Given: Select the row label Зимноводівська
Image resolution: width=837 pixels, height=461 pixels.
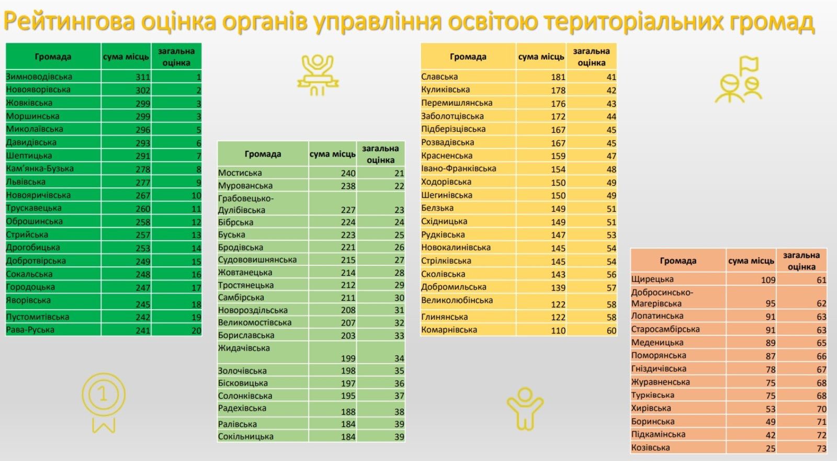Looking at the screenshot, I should [x=39, y=76].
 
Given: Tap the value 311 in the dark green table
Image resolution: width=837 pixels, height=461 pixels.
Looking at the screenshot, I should [x=143, y=77].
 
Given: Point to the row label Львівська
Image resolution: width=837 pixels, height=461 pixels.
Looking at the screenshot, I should [x=26, y=182].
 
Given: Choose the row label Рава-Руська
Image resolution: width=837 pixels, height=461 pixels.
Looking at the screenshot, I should [x=30, y=330].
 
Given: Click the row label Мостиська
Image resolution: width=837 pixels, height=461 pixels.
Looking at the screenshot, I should [x=240, y=173].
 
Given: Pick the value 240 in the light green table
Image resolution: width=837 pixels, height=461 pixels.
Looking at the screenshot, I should [x=348, y=173].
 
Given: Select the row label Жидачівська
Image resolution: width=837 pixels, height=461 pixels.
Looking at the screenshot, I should [x=244, y=348].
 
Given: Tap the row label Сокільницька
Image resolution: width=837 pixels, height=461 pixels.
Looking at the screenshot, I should [x=246, y=436].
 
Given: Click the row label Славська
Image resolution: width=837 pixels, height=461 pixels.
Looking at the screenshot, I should [x=439, y=76].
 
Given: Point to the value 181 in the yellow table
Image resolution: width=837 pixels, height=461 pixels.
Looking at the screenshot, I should [x=558, y=77].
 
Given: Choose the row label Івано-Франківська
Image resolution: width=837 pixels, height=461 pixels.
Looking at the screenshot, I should [x=459, y=168].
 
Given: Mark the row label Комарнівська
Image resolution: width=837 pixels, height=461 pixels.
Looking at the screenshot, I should [x=449, y=330].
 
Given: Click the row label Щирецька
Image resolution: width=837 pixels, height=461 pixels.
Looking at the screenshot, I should [x=652, y=279].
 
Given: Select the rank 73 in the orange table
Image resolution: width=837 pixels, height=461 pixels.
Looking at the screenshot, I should [x=821, y=448].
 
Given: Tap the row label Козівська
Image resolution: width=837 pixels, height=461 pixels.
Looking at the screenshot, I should [x=651, y=448].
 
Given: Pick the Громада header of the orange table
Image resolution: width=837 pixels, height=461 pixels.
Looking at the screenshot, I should [x=678, y=261].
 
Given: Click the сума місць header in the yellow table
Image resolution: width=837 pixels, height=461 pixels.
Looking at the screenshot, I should [x=541, y=57].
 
